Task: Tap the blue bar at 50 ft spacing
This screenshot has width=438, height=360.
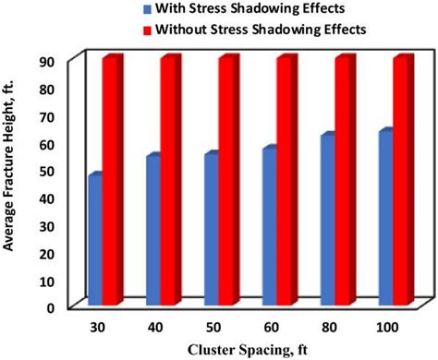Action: pos(211,227)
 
